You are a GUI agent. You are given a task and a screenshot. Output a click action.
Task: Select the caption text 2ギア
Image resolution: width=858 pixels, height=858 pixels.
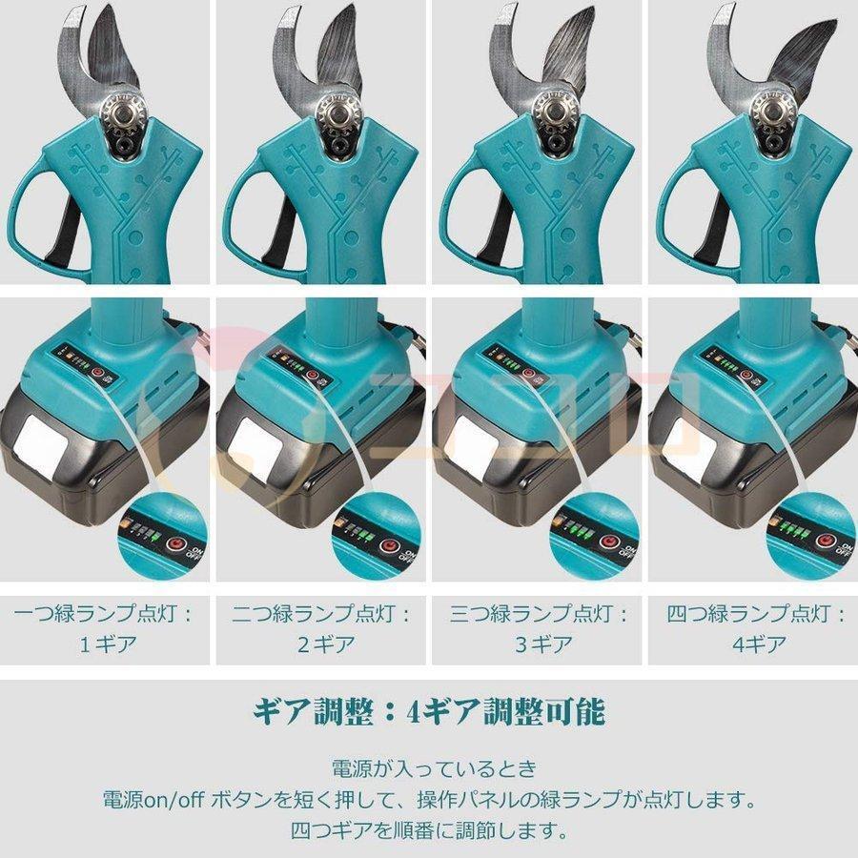click(322, 643)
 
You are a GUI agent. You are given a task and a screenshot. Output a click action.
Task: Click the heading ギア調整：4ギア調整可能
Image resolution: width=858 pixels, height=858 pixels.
click(428, 712)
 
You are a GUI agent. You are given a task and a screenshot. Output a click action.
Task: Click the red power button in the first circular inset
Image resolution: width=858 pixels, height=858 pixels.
click(174, 545)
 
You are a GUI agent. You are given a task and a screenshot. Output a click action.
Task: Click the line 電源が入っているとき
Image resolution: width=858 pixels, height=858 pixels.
click(428, 768)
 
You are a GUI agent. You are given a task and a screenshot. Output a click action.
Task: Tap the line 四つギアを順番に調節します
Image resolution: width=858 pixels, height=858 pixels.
click(428, 829)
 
